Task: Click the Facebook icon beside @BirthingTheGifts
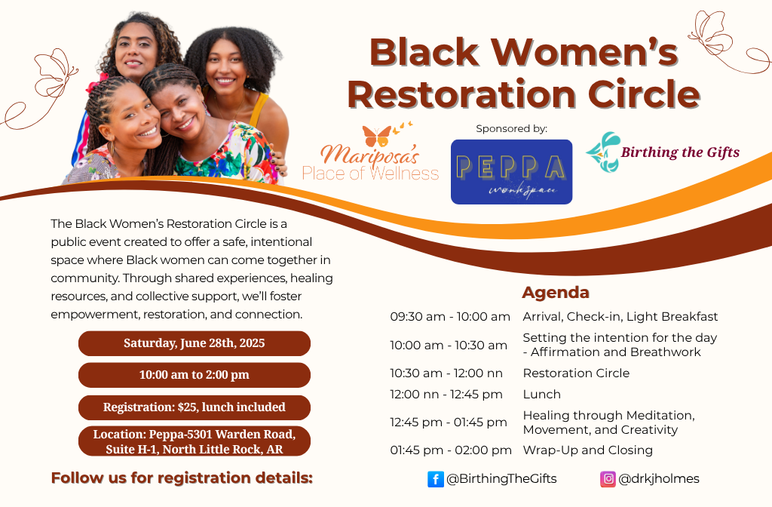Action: [436, 479]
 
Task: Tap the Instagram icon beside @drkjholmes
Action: [608, 479]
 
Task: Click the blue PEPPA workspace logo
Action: [511, 172]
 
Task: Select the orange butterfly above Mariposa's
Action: [377, 136]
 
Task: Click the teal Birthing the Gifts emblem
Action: [602, 152]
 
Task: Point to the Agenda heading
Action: [556, 293]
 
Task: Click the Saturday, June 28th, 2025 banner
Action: [195, 343]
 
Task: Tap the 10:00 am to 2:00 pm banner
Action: [195, 375]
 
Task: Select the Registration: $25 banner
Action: [195, 407]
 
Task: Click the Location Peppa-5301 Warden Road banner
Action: [195, 441]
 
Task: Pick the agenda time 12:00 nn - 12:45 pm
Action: [446, 395]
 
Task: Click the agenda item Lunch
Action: [542, 395]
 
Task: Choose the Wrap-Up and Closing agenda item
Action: [588, 450]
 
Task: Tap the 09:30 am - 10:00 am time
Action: [450, 317]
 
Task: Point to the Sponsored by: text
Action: [511, 129]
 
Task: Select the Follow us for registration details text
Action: [182, 478]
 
